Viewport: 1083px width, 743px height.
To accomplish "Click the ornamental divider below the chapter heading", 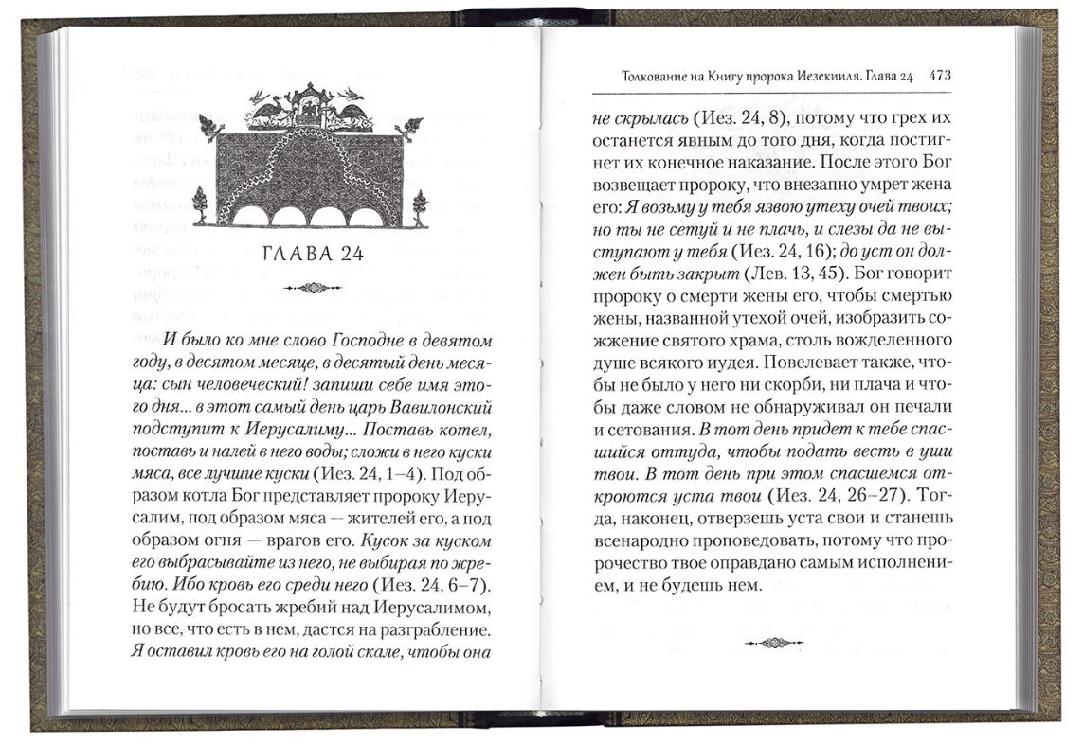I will coord(310,288).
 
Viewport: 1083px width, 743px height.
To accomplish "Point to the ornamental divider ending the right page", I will coord(773,643).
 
